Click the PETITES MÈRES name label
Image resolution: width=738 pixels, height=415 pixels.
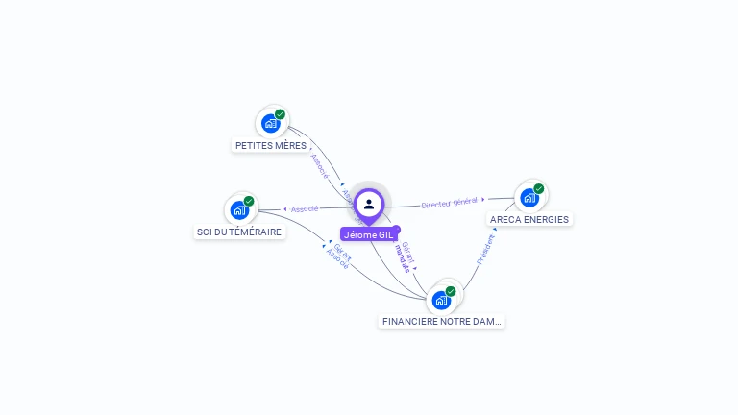coord(271,146)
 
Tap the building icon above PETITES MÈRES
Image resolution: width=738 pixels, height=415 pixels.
coord(270,123)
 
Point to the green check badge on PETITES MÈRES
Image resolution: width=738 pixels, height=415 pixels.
coord(280,114)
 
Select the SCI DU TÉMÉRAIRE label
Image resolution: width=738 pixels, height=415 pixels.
coord(239,232)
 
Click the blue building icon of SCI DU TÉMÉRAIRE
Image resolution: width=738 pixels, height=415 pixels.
coord(238,210)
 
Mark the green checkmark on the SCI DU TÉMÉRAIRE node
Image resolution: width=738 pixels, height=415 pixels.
coord(249,202)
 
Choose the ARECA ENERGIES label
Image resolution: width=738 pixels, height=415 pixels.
coord(529,219)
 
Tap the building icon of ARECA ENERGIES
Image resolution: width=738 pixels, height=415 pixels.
coord(529,198)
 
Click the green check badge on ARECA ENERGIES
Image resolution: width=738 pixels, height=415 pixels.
coord(539,189)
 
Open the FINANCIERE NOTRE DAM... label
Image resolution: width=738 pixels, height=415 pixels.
coord(441,322)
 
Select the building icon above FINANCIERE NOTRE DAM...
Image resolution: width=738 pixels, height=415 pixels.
coord(440,300)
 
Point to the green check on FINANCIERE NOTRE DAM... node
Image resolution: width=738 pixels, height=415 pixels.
coord(451,291)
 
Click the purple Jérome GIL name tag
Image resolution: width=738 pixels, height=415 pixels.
coord(368,234)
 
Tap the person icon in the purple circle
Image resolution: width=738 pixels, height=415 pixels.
coord(369,204)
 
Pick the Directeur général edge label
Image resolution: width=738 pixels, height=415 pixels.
coord(449,203)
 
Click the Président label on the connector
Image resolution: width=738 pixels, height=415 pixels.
coord(486,248)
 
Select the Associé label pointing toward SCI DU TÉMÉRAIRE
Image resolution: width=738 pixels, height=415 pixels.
coord(305,208)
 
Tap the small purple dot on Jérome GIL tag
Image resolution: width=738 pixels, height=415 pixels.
coord(396,229)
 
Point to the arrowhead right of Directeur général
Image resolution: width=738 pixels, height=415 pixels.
coord(483,200)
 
